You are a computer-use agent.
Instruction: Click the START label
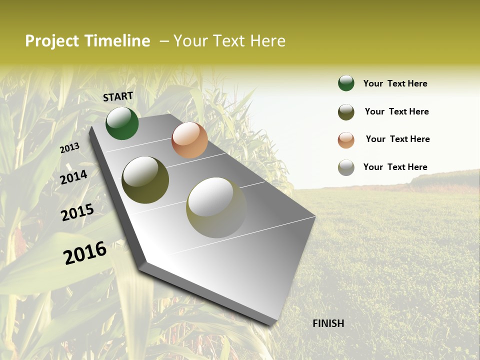118,96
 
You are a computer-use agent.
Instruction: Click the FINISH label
328,323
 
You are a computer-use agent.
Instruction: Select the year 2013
69,147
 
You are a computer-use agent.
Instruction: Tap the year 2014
73,177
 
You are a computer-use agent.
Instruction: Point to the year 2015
77,212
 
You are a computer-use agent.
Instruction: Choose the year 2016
85,252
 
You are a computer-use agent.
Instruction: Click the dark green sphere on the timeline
122,123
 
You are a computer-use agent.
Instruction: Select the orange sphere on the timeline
189,140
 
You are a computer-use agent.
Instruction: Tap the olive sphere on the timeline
145,180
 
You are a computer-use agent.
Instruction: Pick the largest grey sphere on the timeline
216,207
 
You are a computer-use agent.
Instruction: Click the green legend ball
346,83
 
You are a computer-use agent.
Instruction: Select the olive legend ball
346,112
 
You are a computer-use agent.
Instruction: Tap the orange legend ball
346,140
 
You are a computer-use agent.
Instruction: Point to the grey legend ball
346,167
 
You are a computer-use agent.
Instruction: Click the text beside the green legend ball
395,84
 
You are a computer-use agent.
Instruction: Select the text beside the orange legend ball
397,139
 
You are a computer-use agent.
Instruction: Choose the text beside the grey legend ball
395,167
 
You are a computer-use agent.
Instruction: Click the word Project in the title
52,41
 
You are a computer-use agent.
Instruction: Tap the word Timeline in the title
117,41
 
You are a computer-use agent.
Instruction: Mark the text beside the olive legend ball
396,111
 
